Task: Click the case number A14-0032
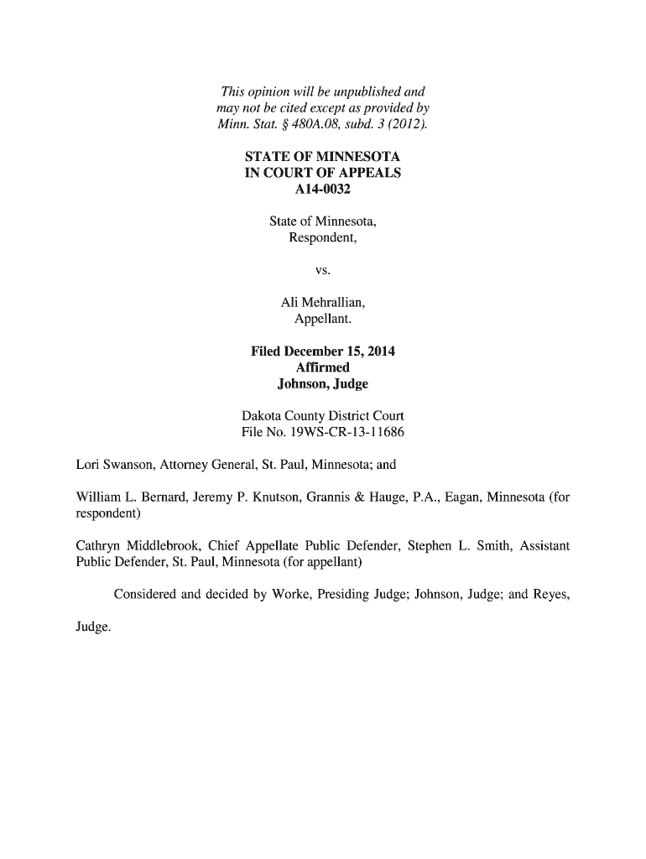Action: click(322, 189)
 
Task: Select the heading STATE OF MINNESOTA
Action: click(322, 157)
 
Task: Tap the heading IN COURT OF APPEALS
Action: click(322, 173)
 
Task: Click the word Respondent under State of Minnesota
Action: click(322, 237)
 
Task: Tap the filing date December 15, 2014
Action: click(345, 351)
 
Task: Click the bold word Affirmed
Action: click(322, 367)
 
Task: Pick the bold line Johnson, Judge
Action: click(322, 383)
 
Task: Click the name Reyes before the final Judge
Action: click(550, 596)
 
